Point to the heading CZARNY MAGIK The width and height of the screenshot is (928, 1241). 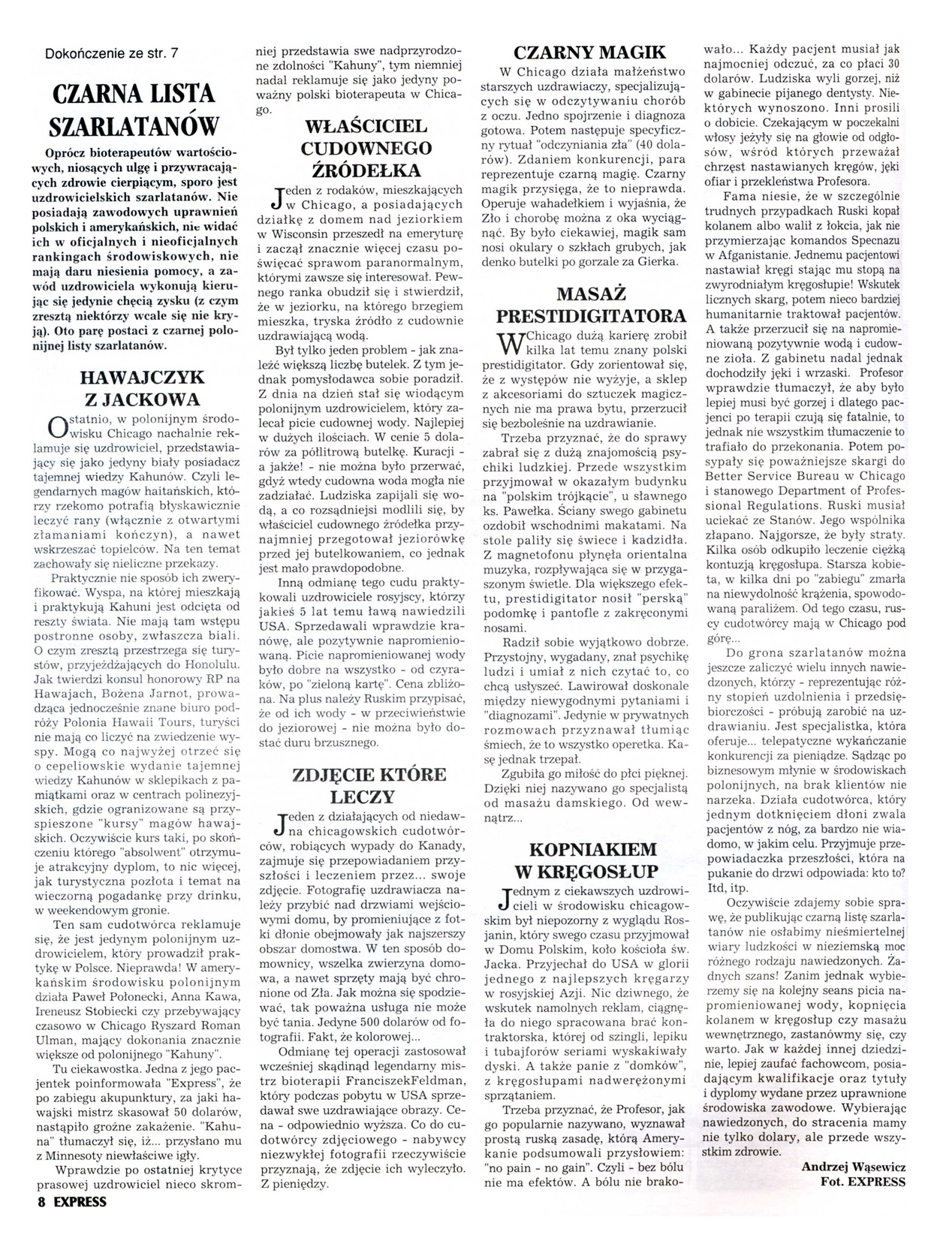pos(589,52)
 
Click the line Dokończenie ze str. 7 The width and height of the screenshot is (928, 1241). pos(112,53)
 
